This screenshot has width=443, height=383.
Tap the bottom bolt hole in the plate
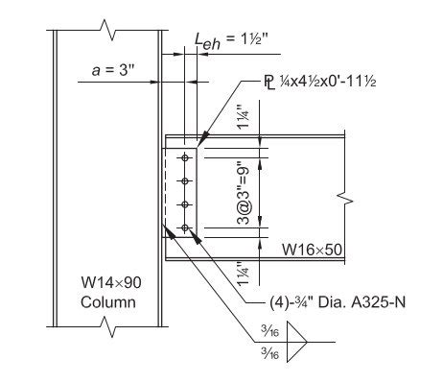point(183,227)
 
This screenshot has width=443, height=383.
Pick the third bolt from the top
point(183,204)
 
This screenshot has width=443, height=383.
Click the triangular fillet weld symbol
point(295,341)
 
